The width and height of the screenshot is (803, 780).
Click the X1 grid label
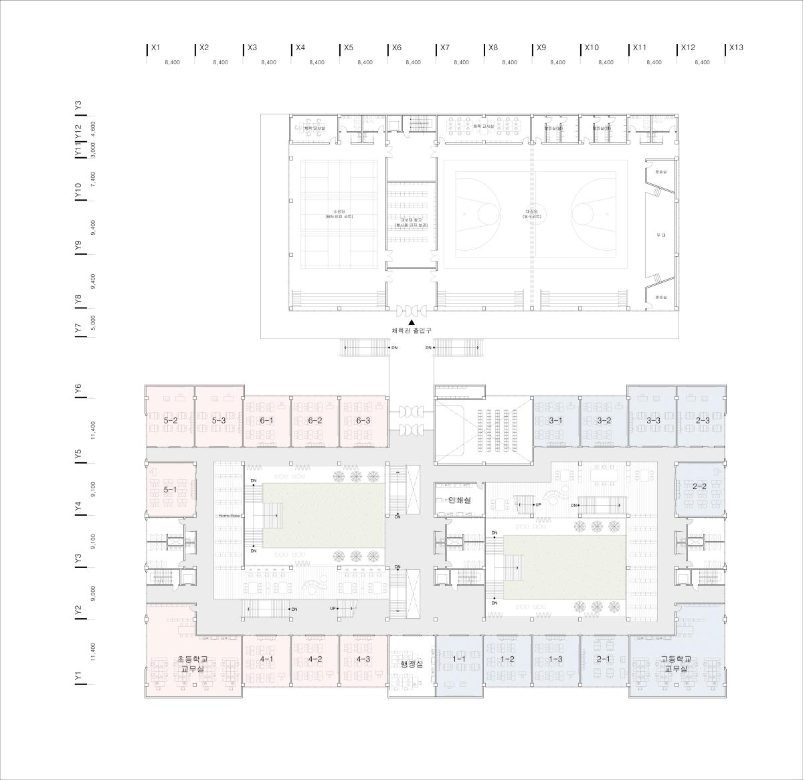(x=156, y=48)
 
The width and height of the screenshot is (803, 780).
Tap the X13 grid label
(x=736, y=48)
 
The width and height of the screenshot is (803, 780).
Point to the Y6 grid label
(x=78, y=390)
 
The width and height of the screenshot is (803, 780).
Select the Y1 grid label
(x=78, y=677)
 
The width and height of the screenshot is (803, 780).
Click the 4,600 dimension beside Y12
(x=93, y=128)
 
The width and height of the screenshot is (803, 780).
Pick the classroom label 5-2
(x=171, y=421)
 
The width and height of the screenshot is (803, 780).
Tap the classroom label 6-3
(x=363, y=421)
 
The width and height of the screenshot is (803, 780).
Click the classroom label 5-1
(x=171, y=490)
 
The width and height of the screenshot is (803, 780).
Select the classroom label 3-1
(x=556, y=421)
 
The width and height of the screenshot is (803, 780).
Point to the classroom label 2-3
(x=701, y=421)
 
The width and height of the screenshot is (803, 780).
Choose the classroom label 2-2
(x=700, y=486)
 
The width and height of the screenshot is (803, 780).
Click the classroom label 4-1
(x=266, y=660)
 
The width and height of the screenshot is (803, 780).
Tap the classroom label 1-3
(x=556, y=660)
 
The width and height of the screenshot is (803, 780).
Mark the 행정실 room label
(x=412, y=664)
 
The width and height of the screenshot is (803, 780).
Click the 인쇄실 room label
(x=460, y=500)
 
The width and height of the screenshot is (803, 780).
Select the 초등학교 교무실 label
(x=193, y=664)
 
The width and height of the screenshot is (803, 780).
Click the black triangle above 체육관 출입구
(x=412, y=322)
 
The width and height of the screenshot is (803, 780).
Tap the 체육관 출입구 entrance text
(x=412, y=331)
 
